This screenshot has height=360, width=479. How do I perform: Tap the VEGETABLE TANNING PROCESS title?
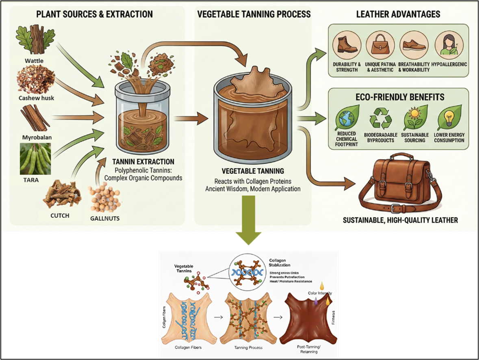(254, 14)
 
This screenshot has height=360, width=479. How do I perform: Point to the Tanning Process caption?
(248, 348)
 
